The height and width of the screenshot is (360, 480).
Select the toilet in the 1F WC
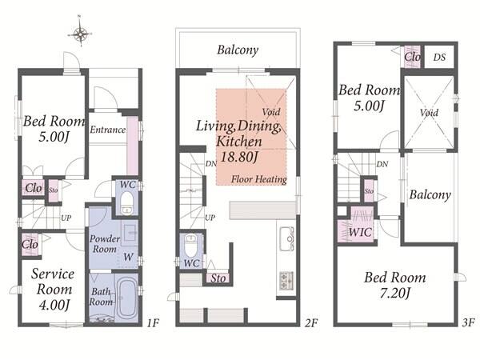pos(126,203)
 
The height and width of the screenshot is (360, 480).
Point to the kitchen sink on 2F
pos(287,238)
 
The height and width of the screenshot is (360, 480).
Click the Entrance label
pos(107,130)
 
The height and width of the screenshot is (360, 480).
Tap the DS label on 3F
pos(439,58)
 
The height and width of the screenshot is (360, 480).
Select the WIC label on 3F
pos(360,232)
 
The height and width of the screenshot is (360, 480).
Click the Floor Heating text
pos(259,179)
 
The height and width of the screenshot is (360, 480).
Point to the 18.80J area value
pos(238,157)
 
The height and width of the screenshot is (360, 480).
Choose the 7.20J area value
pos(395,294)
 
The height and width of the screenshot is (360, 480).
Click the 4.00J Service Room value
pos(54,305)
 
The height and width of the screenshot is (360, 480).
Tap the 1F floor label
pos(153,323)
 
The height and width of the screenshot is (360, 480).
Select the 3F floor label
pos(468,322)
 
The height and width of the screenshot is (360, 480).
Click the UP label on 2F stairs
pos(210,218)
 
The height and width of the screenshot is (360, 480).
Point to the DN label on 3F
pos(382,164)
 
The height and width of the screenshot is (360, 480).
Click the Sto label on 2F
pos(218,278)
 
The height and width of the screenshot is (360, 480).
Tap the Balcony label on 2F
pos(238,50)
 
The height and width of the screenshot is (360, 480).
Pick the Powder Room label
pos(105,244)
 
